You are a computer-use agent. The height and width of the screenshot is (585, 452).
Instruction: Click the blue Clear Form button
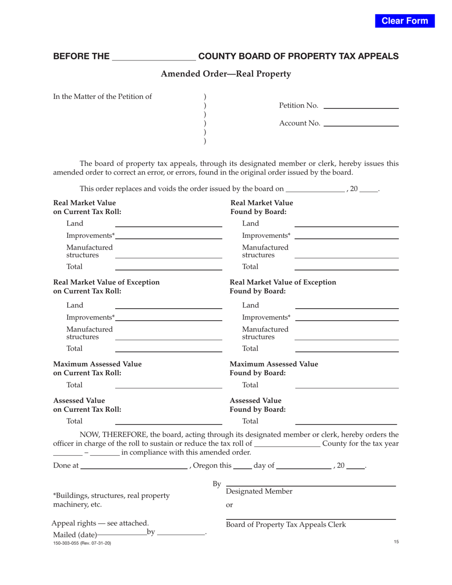(x=405, y=21)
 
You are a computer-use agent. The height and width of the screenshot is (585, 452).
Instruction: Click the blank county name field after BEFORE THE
(x=154, y=57)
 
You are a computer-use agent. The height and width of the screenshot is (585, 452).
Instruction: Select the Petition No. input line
(x=361, y=106)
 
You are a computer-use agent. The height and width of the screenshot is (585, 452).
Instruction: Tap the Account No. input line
(x=361, y=123)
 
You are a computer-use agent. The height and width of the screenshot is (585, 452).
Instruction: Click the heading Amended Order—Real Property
(x=226, y=74)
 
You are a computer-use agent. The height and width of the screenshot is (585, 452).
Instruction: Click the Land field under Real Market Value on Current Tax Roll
(x=169, y=224)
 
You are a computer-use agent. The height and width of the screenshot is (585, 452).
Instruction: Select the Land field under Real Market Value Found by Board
(x=346, y=224)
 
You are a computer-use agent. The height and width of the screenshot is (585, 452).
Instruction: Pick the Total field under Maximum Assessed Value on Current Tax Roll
(x=169, y=385)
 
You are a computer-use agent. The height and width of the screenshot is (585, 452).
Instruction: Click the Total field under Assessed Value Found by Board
(x=346, y=421)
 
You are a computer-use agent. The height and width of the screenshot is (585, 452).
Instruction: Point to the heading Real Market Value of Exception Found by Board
(x=283, y=286)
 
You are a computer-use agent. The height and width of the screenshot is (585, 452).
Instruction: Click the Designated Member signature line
(x=311, y=483)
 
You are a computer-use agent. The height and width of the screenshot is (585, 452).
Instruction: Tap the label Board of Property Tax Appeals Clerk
(x=285, y=525)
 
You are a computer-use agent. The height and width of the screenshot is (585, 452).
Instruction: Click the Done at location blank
(x=134, y=465)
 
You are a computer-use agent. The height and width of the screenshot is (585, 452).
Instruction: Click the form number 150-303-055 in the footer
(x=82, y=543)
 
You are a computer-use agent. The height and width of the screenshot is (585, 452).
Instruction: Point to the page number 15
(x=396, y=542)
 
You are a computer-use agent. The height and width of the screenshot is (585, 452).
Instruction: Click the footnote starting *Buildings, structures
(x=111, y=500)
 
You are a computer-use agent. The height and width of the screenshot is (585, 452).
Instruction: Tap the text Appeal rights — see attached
(x=100, y=523)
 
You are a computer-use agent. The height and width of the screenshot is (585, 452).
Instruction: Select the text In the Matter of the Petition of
(x=102, y=97)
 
